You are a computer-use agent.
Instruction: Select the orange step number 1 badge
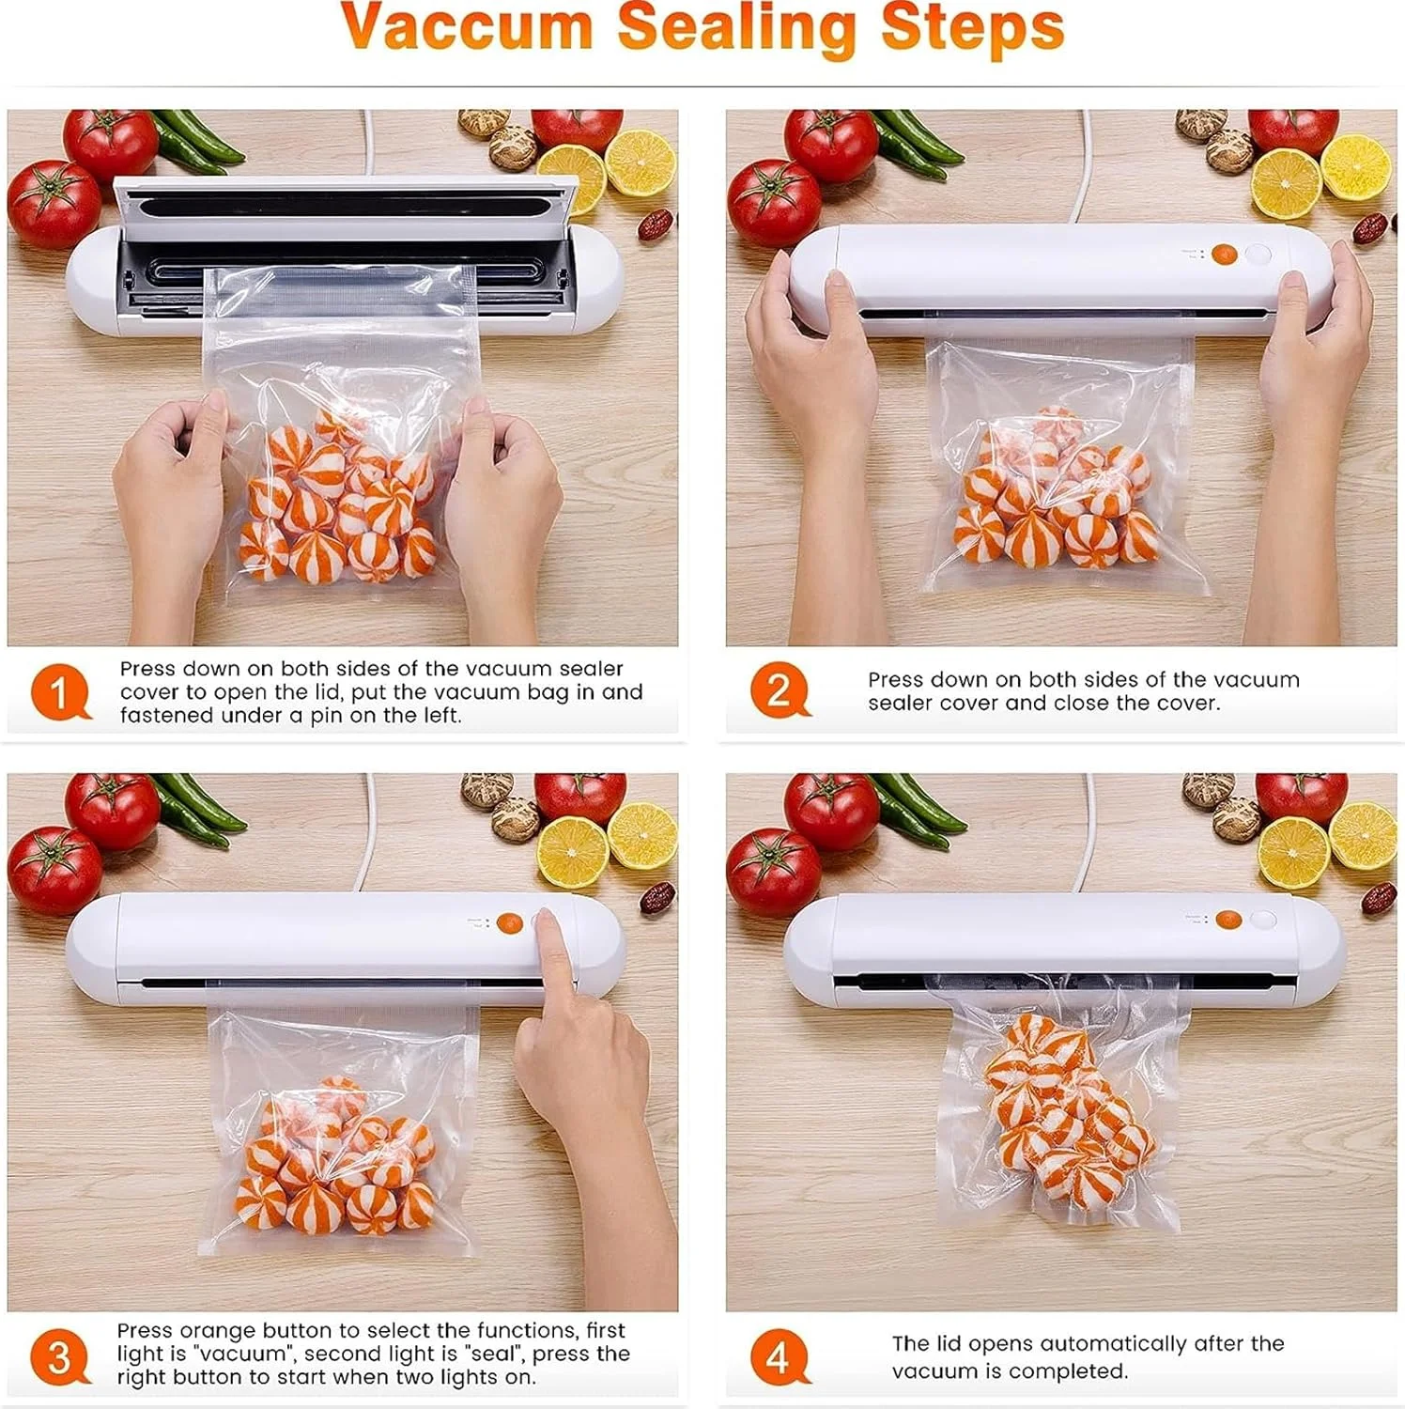pos(60,692)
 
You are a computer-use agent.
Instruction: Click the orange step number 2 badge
pos(780,690)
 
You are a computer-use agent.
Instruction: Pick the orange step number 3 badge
pos(60,1356)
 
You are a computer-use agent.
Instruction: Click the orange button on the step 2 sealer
pos(1224,254)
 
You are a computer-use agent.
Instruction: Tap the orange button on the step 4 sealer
pos(1227,920)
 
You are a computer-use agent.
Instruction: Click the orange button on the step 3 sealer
pos(509,923)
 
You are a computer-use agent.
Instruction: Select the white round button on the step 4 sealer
pos(1263,919)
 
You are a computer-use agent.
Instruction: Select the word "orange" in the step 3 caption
pos(218,1331)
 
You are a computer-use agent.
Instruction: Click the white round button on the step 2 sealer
pos(1258,254)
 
